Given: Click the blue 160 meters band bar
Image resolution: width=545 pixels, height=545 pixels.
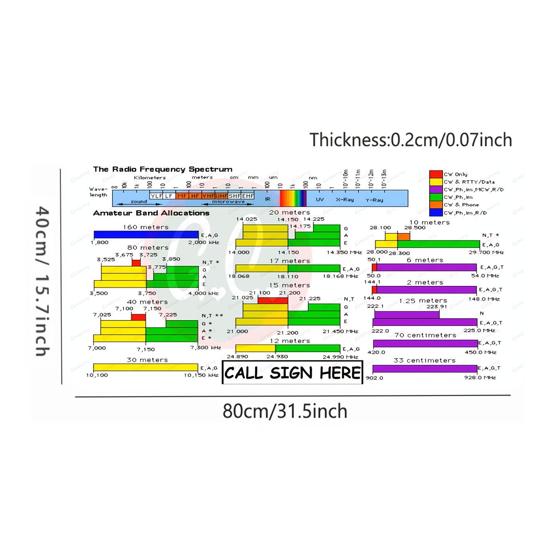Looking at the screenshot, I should (146, 235).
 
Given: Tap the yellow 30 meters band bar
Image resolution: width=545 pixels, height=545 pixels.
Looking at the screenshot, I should (145, 367).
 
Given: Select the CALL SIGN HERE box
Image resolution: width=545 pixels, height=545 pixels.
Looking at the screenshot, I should (292, 372).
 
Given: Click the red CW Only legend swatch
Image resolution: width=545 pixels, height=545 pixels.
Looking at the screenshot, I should (436, 174).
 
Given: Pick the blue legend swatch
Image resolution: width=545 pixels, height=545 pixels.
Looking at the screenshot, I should (436, 213).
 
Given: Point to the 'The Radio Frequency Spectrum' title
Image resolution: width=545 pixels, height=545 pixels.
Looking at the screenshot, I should (162, 169).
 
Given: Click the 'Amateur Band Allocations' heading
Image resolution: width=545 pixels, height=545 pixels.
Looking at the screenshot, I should (151, 213).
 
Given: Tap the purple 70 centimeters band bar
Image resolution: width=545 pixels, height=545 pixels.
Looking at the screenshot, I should (425, 343).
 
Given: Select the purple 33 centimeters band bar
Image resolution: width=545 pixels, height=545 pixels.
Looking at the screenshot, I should (425, 369).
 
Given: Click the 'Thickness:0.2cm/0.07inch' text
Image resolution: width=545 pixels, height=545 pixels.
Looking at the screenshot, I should (411, 140).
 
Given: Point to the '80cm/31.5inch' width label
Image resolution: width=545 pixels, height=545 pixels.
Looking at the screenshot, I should (285, 411).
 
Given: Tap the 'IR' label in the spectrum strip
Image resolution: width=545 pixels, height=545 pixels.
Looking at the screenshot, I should (268, 199).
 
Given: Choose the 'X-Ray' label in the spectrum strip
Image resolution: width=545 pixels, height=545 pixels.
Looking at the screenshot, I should (345, 199).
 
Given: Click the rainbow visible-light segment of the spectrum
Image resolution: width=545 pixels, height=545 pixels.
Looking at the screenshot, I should (293, 198).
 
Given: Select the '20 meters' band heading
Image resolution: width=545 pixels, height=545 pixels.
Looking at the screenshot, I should (290, 213).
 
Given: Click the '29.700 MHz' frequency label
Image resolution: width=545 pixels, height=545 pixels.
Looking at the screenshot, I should (486, 252).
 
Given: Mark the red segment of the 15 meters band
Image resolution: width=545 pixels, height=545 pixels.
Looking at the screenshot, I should (273, 300).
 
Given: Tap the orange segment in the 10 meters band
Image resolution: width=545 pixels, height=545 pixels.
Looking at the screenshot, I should (404, 237).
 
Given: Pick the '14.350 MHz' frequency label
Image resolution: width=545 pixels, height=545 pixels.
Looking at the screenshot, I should (344, 252).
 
